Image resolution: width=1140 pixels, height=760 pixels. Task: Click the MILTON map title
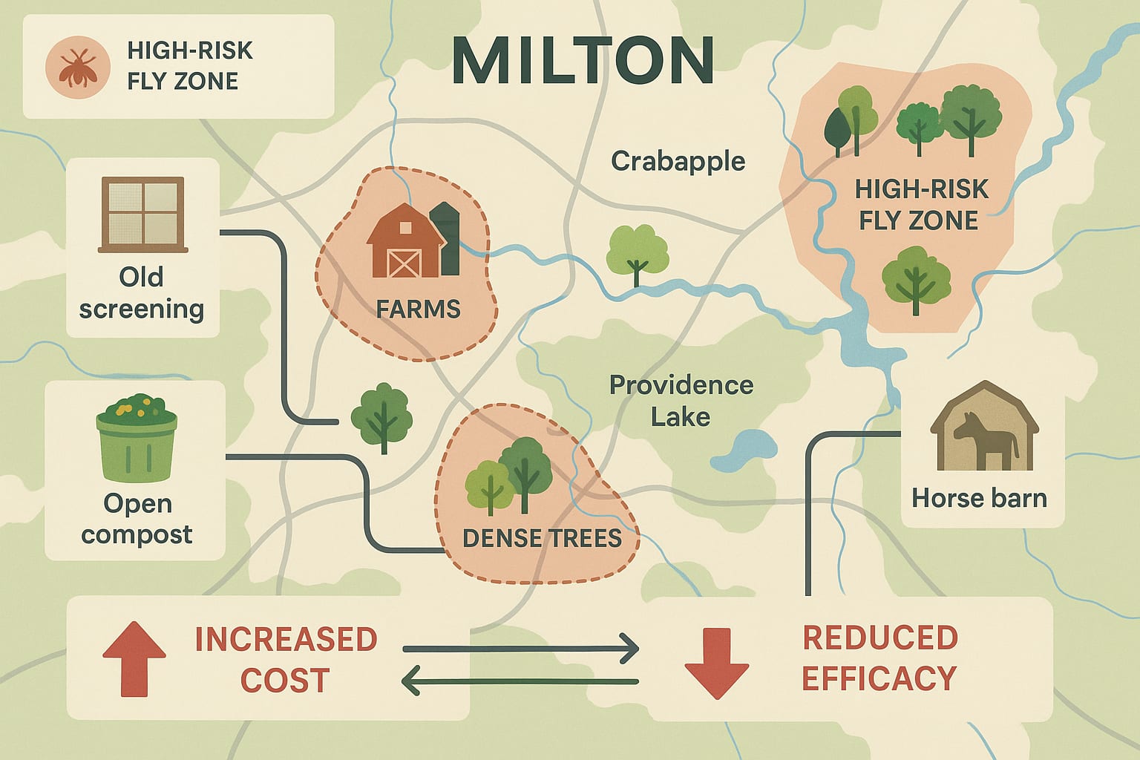coord(583,61)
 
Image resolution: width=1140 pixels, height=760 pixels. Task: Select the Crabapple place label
coord(678,161)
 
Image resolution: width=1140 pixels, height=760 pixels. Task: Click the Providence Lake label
coord(681,401)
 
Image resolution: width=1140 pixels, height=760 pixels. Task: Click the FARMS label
coord(418,309)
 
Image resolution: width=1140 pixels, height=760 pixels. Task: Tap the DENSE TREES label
coord(542,537)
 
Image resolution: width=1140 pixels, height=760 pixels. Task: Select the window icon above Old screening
coord(142,213)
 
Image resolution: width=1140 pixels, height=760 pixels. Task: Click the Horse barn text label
coord(979,497)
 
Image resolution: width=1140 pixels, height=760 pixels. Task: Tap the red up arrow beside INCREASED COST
coord(134,658)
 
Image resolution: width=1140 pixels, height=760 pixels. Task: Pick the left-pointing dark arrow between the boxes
coord(520,681)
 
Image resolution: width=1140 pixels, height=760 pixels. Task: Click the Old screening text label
coord(141,293)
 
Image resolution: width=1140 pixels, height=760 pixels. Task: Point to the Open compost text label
coord(137,519)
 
